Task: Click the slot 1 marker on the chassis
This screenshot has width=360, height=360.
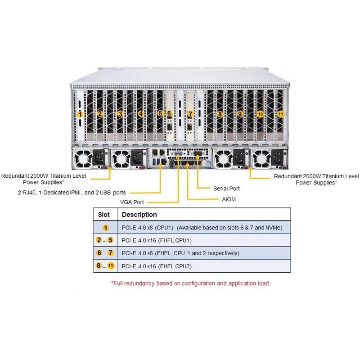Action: [80, 114]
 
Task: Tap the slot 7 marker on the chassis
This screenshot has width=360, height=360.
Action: [190, 114]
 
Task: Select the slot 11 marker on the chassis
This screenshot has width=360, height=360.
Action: [281, 114]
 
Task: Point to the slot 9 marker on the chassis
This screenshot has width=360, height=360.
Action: [240, 114]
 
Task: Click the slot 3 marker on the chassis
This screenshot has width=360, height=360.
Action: [120, 114]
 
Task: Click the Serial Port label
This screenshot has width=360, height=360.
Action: [226, 189]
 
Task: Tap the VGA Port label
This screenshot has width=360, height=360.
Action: [132, 202]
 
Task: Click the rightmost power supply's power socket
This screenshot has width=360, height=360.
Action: [276, 159]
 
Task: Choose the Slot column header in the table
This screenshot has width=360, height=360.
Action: [104, 215]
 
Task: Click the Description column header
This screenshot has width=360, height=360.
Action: [139, 215]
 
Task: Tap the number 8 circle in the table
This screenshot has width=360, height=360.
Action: [99, 266]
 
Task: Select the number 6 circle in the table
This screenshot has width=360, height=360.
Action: [99, 253]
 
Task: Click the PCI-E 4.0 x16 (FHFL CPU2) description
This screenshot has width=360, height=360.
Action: [157, 266]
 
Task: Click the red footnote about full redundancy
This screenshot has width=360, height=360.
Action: [191, 283]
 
